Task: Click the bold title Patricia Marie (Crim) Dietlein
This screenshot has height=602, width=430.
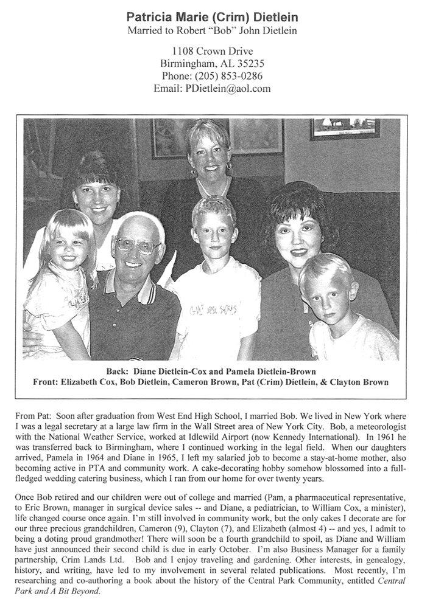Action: click(x=214, y=17)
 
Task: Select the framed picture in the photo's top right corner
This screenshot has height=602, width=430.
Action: click(x=344, y=128)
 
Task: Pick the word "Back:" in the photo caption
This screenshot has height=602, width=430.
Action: click(x=114, y=371)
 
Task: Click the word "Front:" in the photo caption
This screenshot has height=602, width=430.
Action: click(x=49, y=382)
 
